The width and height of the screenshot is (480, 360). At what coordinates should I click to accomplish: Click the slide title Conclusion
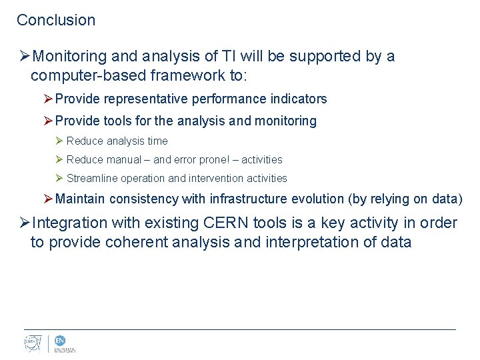(56, 20)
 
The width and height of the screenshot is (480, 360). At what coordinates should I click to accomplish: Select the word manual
(123, 160)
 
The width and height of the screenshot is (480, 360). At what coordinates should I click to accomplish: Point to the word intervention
(216, 179)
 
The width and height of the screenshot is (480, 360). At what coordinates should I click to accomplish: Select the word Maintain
(81, 199)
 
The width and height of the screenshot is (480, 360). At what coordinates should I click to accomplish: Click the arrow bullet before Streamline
(59, 179)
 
